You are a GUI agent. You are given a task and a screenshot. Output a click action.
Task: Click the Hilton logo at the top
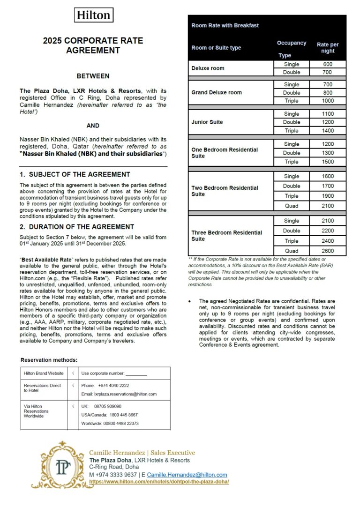[x=94, y=15]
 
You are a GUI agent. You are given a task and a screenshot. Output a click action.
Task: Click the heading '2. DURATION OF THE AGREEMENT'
[x=77, y=227]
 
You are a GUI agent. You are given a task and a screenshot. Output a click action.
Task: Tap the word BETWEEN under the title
[x=93, y=76]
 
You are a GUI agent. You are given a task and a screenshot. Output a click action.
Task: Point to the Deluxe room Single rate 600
[x=328, y=64]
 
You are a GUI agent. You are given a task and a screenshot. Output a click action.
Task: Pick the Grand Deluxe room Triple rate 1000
[x=328, y=101]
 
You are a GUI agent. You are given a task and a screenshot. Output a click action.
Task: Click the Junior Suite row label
[x=207, y=122]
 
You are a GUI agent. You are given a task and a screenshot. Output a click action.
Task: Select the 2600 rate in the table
[x=328, y=251]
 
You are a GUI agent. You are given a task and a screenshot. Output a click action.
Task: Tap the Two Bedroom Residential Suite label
[x=225, y=191]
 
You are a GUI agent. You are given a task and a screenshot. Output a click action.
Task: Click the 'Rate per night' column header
[x=328, y=48]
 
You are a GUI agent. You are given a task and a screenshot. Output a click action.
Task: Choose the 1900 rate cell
[x=328, y=196]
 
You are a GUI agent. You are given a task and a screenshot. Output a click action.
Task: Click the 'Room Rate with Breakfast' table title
[x=225, y=25]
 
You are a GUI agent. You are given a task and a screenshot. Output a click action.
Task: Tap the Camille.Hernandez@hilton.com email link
[x=187, y=475]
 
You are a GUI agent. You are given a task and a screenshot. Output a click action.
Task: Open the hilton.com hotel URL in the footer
[x=159, y=481]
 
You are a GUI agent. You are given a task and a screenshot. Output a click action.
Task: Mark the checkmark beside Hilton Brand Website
[x=73, y=373]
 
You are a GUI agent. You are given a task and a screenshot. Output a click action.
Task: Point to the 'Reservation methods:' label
[x=49, y=360]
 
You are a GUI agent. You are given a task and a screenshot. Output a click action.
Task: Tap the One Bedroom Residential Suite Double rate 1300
[x=328, y=153]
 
